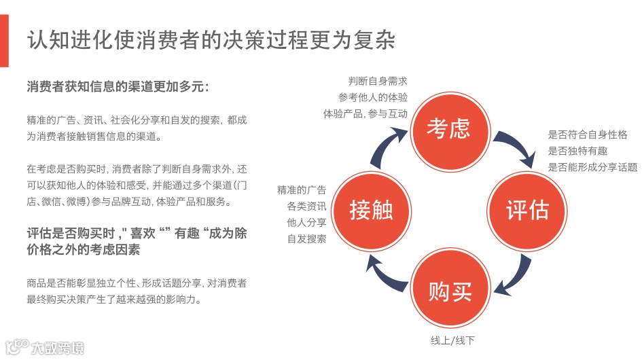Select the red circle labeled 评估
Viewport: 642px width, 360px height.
pos(527,210)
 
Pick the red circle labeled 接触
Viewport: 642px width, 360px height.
pos(371,210)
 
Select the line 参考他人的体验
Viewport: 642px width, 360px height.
pos(373,97)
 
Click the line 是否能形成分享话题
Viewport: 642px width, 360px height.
pos(593,166)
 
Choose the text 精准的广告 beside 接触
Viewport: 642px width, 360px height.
pos(302,190)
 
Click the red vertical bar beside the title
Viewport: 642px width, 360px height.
pos(4,40)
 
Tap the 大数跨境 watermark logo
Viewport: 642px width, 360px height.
pos(44,348)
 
